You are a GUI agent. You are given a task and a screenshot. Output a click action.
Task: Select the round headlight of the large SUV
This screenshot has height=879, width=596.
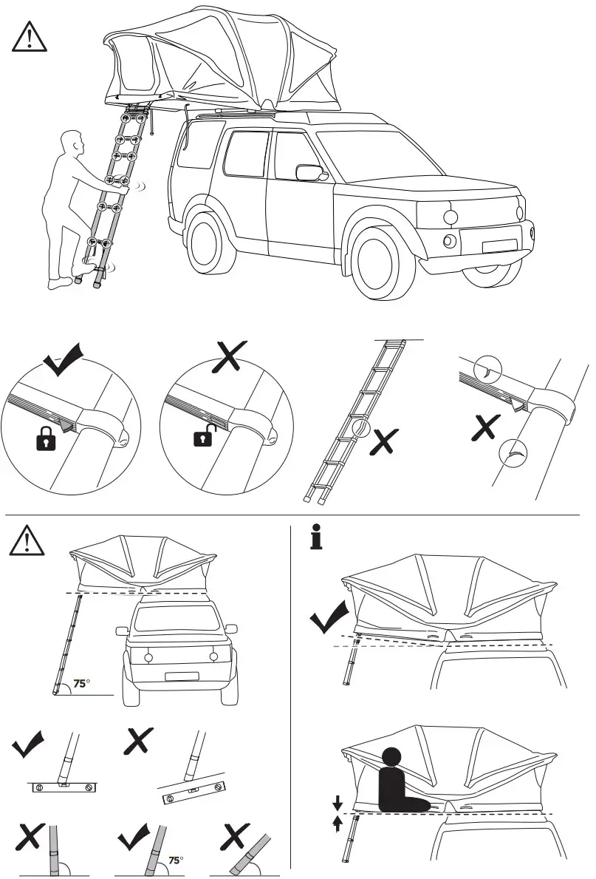[x=449, y=217]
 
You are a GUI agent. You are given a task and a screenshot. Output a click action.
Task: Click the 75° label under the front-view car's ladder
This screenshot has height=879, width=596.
[x=83, y=683]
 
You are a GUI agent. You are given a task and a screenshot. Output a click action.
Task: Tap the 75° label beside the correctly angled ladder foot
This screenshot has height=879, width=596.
[x=176, y=860]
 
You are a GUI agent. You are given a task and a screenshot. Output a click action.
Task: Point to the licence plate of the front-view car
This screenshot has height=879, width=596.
[x=180, y=676]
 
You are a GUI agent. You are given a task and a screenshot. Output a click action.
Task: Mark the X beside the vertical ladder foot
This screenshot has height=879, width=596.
[x=28, y=836]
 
